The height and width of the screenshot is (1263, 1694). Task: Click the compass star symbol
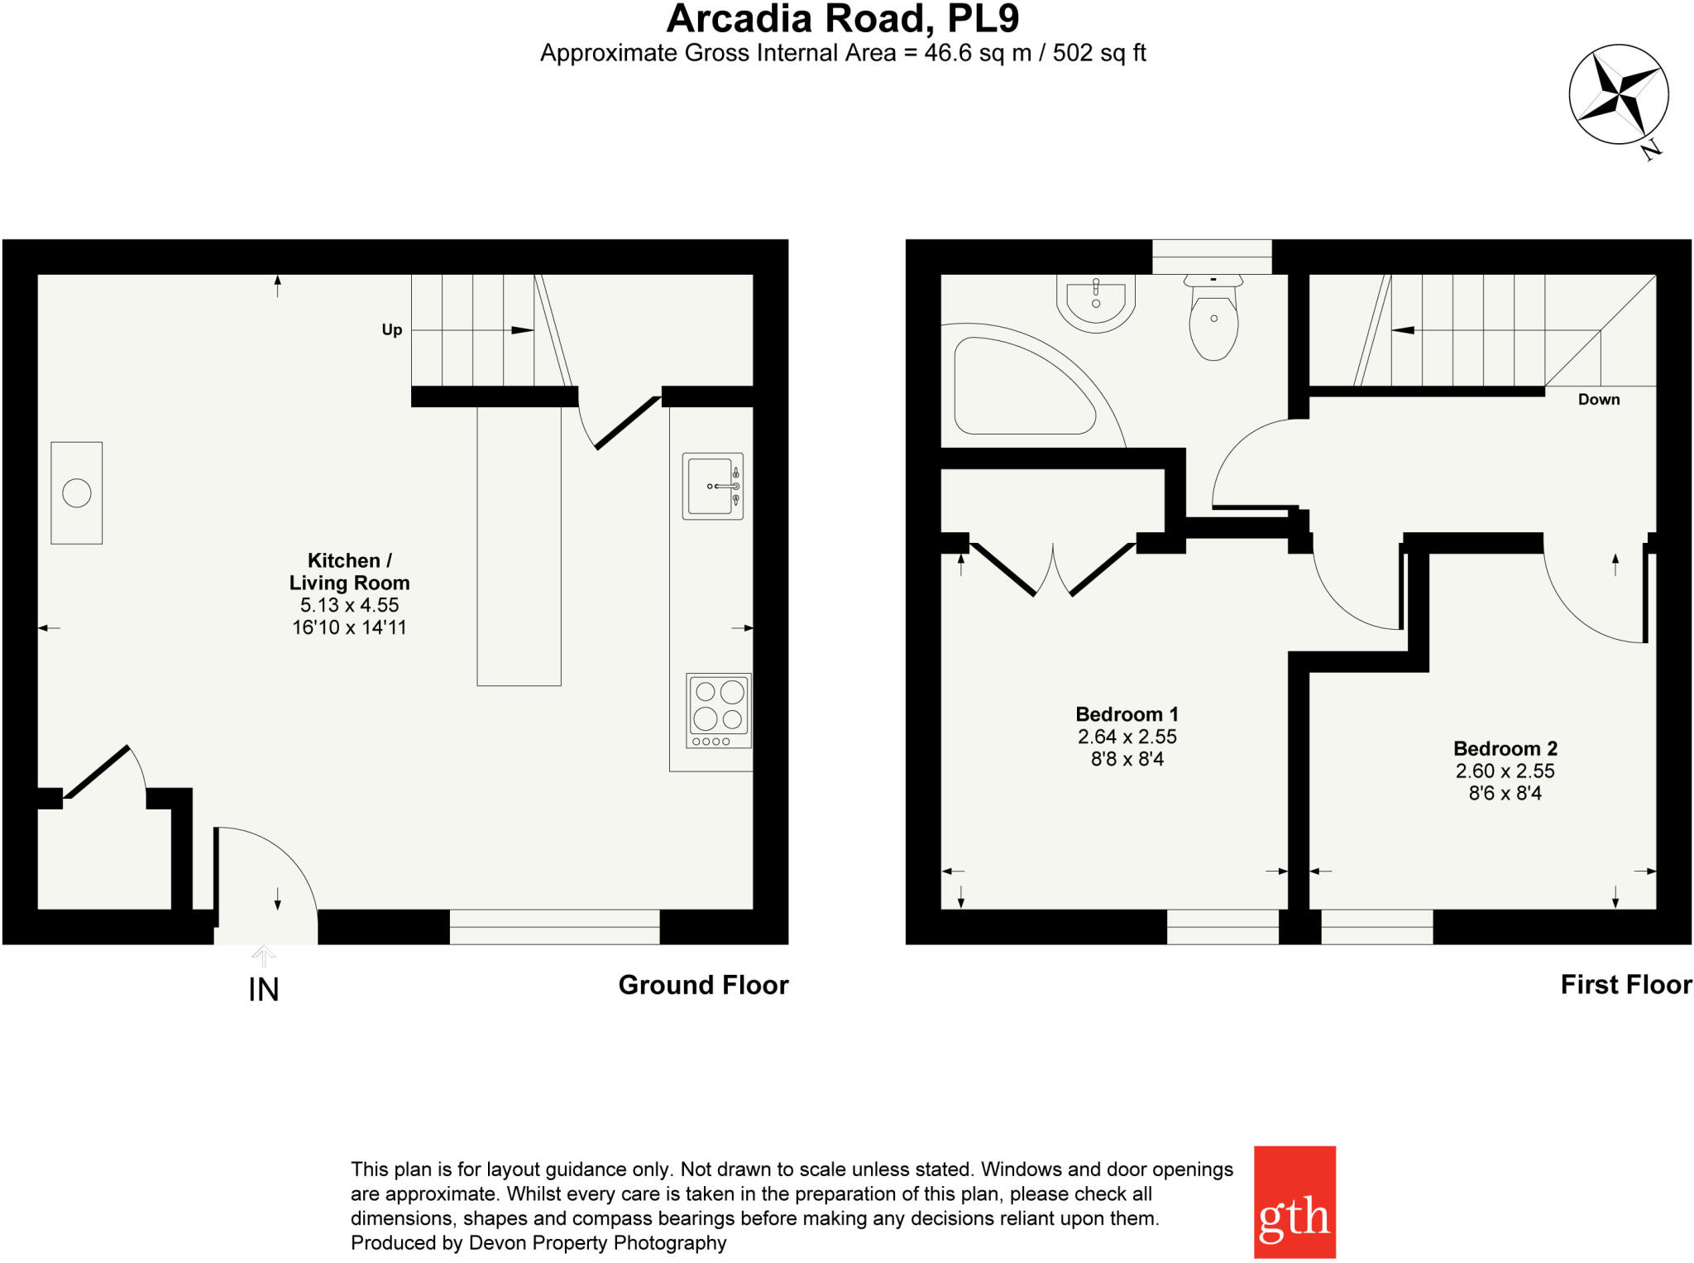[1618, 94]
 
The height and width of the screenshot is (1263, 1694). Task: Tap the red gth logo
[1294, 1202]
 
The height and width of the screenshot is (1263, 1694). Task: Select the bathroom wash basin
[1096, 303]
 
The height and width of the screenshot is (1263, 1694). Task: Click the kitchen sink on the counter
[712, 486]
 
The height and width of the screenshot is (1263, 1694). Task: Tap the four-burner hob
[719, 710]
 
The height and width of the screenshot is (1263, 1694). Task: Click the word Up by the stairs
[392, 329]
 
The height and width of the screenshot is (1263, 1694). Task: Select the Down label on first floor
[1598, 400]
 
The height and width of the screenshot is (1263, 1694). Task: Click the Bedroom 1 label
[1127, 714]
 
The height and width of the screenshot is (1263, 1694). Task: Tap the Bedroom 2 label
[1505, 748]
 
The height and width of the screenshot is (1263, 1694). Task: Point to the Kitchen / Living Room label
[349, 571]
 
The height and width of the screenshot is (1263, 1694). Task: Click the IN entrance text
[264, 990]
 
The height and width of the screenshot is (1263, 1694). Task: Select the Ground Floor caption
[703, 985]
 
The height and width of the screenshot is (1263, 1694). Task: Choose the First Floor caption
[1625, 985]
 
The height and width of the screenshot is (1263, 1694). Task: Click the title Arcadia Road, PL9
[842, 20]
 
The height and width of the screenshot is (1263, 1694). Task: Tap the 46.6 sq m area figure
[977, 54]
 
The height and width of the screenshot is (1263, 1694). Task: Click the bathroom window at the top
[1212, 257]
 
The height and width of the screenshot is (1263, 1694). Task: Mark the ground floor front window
[554, 927]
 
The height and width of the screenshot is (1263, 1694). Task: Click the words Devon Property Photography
[597, 1243]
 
